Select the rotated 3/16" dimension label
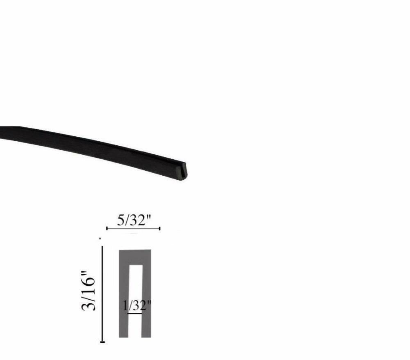[89, 291]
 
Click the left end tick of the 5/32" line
[107, 228]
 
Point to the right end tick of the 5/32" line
[160, 228]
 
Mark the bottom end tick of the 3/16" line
[102, 341]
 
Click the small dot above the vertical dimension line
[100, 238]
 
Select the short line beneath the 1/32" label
[135, 314]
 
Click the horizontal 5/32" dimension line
[133, 228]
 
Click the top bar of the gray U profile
[135, 257]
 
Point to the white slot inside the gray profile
[135, 287]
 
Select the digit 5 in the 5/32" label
[121, 220]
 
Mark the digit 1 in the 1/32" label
[125, 306]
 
